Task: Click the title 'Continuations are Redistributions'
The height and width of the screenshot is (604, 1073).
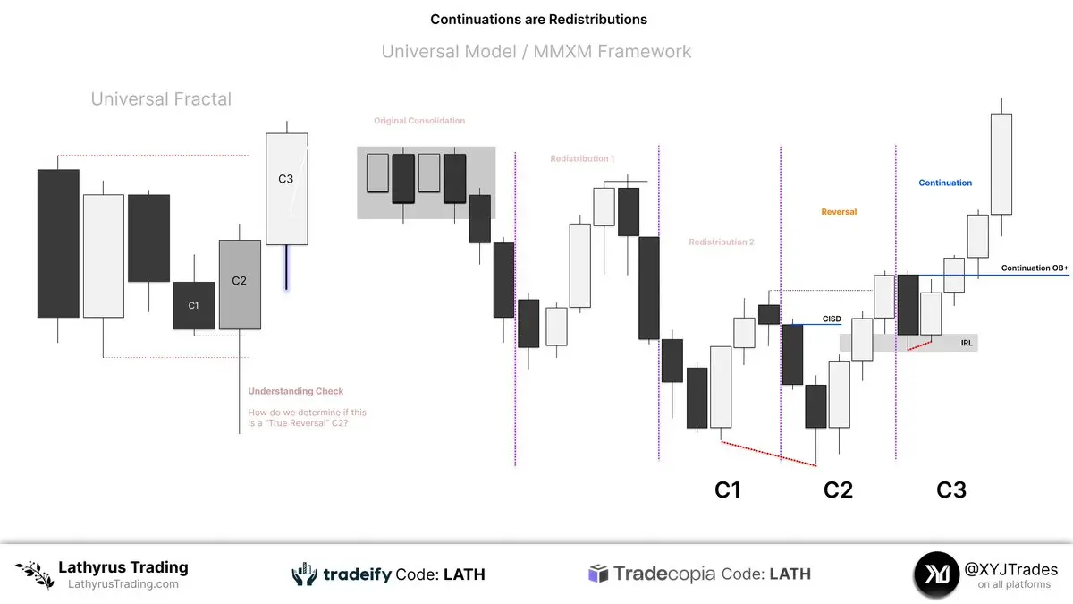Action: coord(538,20)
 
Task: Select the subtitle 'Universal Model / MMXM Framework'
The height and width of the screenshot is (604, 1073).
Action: coord(536,51)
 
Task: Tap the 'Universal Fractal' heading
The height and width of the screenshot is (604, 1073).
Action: coord(161,98)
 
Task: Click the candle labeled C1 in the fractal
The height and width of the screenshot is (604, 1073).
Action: coord(194,305)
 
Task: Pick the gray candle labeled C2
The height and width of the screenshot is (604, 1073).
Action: coord(240,285)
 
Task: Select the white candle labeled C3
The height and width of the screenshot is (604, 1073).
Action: coord(287,189)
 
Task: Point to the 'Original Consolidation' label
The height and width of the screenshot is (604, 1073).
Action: coord(419,121)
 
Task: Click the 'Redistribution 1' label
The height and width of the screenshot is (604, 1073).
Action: coord(582,158)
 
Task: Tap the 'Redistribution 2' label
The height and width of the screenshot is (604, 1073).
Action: coord(722,242)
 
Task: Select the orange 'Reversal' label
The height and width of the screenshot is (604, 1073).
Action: coord(839,212)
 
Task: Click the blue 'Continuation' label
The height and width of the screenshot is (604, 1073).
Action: coord(945,183)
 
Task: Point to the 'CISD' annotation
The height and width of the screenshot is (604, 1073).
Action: coord(832,319)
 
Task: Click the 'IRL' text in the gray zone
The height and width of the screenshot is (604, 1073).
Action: coord(967,343)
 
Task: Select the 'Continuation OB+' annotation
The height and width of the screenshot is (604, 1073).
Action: coord(1035,268)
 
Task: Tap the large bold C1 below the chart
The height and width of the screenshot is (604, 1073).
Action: coord(727,490)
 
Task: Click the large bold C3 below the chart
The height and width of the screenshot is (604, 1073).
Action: coord(951,490)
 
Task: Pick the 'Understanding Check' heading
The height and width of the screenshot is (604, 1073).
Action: coord(296,391)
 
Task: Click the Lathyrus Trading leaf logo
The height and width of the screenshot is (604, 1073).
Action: coord(35,574)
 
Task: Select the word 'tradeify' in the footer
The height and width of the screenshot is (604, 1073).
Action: coord(358,574)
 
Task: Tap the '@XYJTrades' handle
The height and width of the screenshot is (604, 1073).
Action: coord(1010,569)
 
